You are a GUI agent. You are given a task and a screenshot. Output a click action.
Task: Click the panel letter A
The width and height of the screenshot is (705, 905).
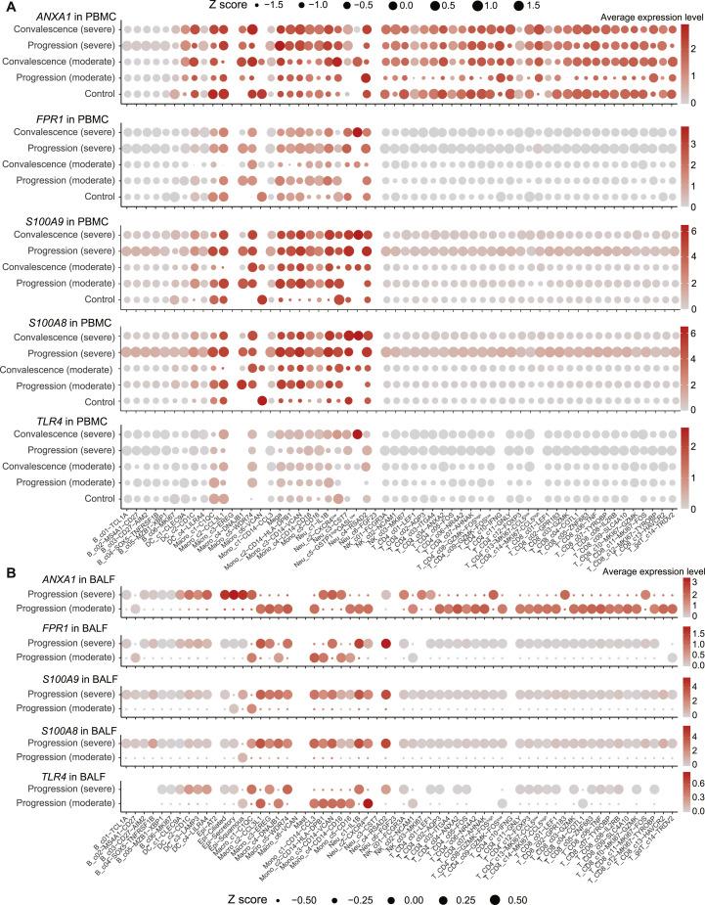coord(7,8)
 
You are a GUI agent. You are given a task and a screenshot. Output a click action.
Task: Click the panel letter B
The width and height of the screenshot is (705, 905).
coord(7,566)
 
